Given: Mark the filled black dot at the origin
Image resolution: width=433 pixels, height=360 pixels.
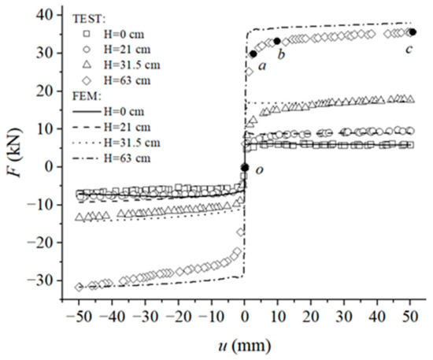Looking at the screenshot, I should [x=245, y=167].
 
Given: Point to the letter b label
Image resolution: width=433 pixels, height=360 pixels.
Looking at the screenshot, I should [x=281, y=54].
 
